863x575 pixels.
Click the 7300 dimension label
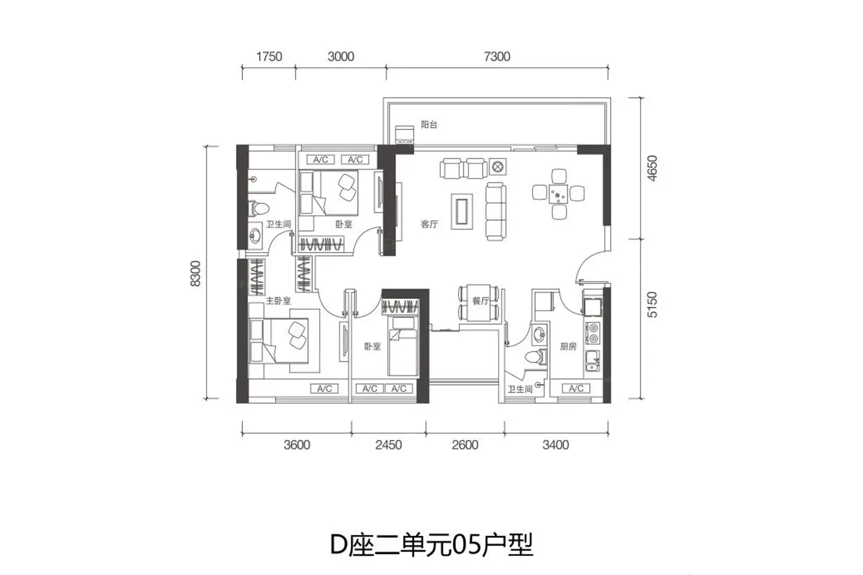pyautogui.click(x=497, y=57)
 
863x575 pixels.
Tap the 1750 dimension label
pyautogui.click(x=269, y=57)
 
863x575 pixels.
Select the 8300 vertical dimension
pyautogui.click(x=196, y=274)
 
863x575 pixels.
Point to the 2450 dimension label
pyautogui.click(x=388, y=445)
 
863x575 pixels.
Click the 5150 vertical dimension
pyautogui.click(x=652, y=304)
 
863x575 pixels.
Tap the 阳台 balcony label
pyautogui.click(x=429, y=124)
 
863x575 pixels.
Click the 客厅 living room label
pyautogui.click(x=429, y=224)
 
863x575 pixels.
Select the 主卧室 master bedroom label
pyautogui.click(x=278, y=300)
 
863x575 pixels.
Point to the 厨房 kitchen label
pyautogui.click(x=568, y=346)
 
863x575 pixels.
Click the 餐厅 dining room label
pyautogui.click(x=480, y=301)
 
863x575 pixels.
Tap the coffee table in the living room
pyautogui.click(x=462, y=211)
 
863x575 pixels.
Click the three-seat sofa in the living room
pyautogui.click(x=496, y=211)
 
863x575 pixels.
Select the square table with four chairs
pyautogui.click(x=558, y=194)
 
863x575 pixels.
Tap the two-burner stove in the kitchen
pyautogui.click(x=593, y=333)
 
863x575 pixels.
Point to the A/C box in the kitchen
pyautogui.click(x=576, y=388)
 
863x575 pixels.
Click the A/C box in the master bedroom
pyautogui.click(x=324, y=389)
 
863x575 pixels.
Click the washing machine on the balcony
pyautogui.click(x=404, y=134)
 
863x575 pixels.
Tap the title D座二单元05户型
pyautogui.click(x=431, y=545)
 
